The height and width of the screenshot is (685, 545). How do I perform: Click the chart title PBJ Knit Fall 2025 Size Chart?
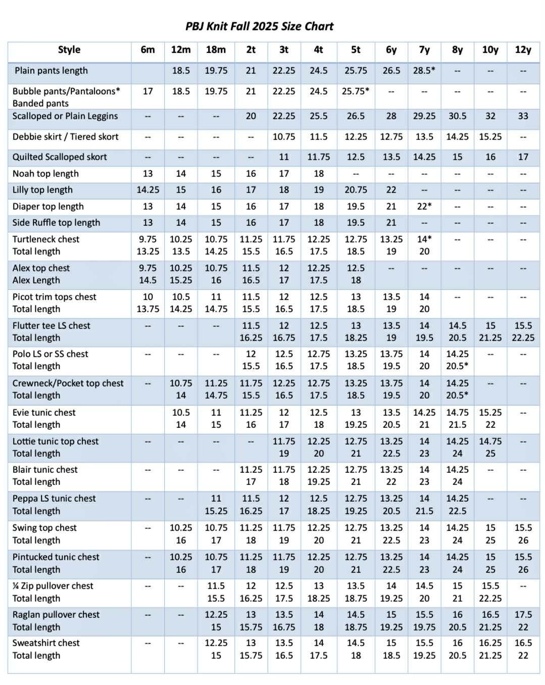pos(259,26)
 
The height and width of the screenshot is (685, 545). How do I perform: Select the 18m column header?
pos(216,50)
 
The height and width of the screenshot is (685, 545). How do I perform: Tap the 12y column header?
pos(523,50)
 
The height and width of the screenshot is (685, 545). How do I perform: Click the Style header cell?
pos(69,50)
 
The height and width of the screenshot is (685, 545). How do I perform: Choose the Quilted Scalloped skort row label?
pos(60,157)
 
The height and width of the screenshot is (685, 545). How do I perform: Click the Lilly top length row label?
pos(42,190)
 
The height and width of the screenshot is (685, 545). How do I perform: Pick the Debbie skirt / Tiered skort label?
pos(66,137)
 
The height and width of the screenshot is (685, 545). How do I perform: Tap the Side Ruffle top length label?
pos(56,223)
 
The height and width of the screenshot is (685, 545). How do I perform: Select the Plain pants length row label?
pos(51,71)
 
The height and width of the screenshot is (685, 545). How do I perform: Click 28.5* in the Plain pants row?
pos(424,71)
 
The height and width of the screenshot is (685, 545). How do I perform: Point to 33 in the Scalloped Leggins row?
pos(523,116)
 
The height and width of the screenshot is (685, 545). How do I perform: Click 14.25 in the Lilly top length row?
pos(147,190)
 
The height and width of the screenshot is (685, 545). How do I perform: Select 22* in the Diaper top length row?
pos(424,207)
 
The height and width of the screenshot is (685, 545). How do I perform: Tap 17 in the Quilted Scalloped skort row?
pos(523,157)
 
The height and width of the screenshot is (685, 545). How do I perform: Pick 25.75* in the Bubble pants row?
pos(356,91)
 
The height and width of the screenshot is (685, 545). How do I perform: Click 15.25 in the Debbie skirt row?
pos(490,137)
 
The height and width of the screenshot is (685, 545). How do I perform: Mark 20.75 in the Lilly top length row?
pos(356,190)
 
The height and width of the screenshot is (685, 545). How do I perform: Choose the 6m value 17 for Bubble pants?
pos(147,91)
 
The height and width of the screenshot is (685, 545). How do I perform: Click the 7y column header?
pos(424,50)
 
